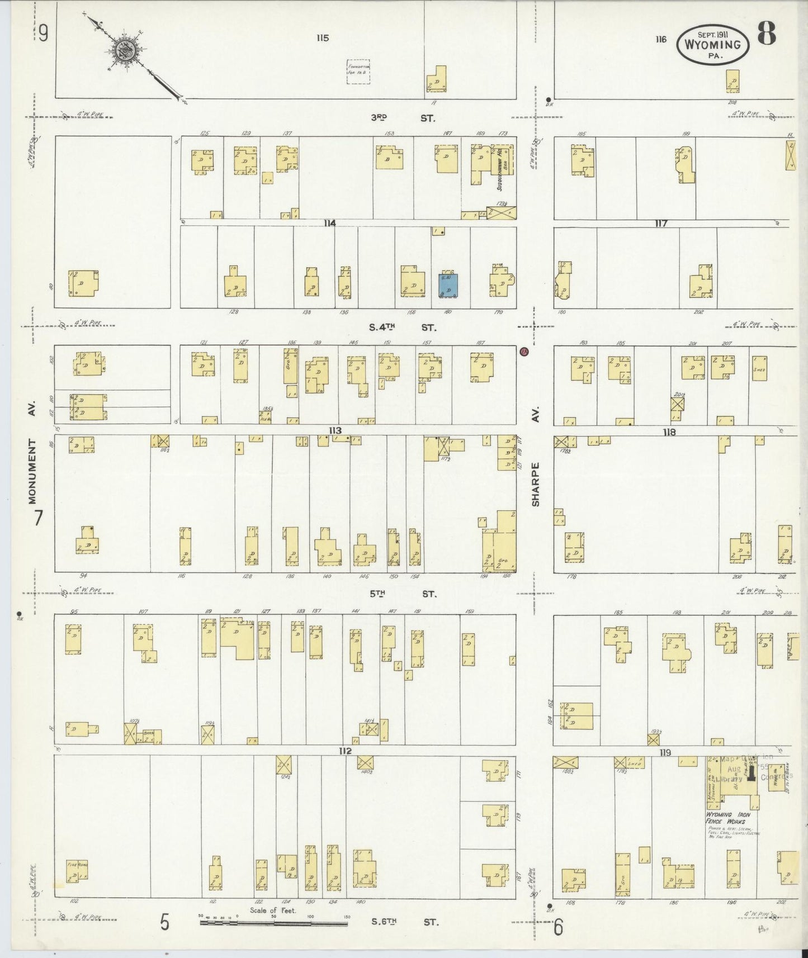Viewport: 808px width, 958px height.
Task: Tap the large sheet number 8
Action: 767,35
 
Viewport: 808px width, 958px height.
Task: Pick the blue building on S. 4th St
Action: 448,285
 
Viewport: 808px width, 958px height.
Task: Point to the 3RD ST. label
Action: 403,118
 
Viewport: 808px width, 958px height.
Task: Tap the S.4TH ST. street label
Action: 402,328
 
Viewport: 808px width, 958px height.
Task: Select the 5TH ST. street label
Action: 403,594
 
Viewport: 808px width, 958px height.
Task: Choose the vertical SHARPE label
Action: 536,484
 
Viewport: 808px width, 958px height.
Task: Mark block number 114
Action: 329,223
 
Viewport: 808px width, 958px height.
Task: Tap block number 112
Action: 344,751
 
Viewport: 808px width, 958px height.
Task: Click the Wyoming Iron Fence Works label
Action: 727,819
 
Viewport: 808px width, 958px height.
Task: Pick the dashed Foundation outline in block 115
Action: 358,72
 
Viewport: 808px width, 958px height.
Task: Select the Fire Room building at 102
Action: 77,871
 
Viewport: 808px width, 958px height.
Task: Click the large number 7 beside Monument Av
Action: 37,519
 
